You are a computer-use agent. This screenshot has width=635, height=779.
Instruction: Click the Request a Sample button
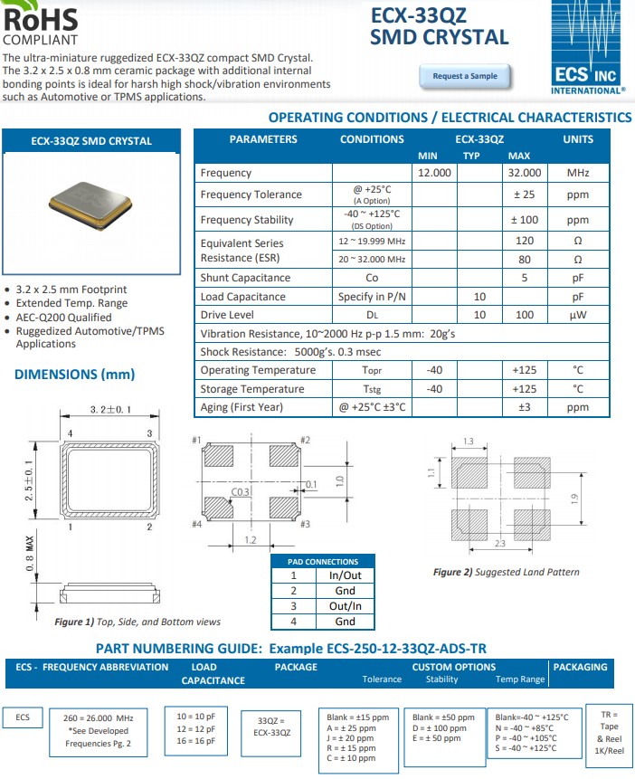[x=465, y=76]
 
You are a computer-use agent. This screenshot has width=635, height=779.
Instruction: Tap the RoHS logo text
[x=41, y=17]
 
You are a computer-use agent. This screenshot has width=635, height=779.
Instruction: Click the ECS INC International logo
[x=587, y=49]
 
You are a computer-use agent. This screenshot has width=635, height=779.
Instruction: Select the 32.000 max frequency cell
[x=525, y=173]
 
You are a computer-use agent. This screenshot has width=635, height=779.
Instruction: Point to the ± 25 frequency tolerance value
[x=525, y=195]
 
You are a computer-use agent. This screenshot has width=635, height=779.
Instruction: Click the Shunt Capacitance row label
[x=245, y=278]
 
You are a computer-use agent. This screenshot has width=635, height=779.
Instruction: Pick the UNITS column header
[x=578, y=139]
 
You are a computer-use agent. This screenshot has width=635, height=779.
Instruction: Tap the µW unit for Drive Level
[x=578, y=315]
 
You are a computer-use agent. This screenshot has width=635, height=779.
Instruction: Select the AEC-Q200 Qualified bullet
[x=64, y=318]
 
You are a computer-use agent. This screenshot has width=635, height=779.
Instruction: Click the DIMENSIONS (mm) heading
[x=74, y=375]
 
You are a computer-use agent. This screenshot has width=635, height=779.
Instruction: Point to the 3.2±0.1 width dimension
[x=110, y=410]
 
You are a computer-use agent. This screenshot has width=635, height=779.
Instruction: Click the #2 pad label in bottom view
[x=305, y=440]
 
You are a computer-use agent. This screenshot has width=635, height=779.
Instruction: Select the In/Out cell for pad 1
[x=345, y=575]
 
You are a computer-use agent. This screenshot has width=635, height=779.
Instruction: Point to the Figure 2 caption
[x=506, y=572]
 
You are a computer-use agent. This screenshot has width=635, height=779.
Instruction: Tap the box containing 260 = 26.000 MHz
[x=99, y=730]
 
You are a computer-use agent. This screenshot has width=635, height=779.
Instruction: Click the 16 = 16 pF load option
[x=196, y=740]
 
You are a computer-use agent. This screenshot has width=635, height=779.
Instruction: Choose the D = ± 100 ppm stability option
[x=439, y=727]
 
